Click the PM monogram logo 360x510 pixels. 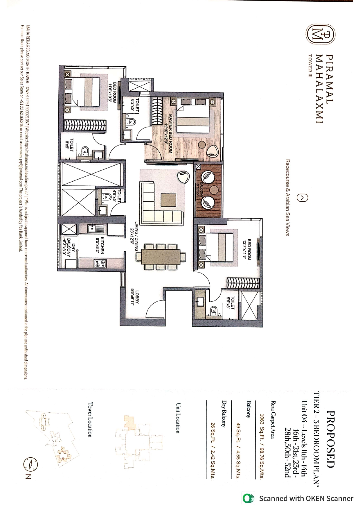(321, 35)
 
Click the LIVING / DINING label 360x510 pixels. (134, 236)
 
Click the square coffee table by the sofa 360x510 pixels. (168, 201)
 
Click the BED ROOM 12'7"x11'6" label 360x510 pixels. (247, 249)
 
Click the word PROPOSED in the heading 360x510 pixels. (331, 439)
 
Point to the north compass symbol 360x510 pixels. (30, 464)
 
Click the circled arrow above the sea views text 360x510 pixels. (302, 198)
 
